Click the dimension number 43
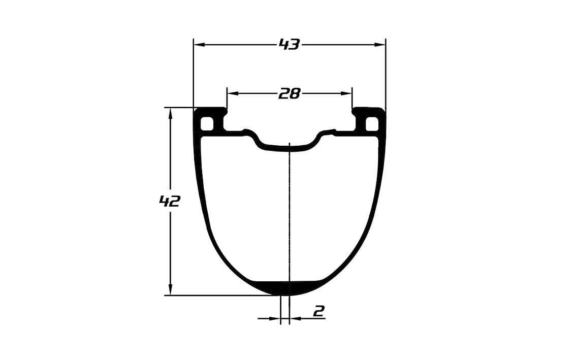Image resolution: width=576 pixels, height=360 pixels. click(290, 45)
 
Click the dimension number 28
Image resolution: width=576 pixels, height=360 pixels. click(290, 93)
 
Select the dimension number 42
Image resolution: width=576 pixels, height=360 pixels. click(169, 201)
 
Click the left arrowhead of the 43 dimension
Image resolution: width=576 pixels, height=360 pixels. click(199, 45)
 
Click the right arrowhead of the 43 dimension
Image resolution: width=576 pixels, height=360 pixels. click(380, 45)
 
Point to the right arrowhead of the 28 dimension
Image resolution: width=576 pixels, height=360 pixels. click(346, 93)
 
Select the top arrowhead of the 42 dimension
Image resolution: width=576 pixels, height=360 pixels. click(170, 114)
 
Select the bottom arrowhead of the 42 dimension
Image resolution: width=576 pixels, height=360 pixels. click(170, 289)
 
